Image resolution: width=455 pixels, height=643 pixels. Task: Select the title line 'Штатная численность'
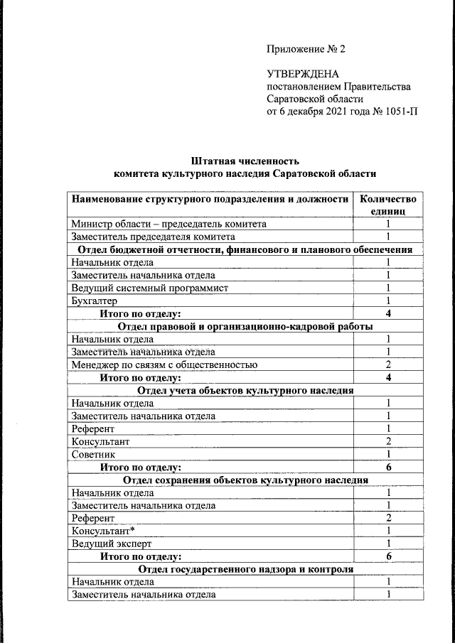(x=245, y=160)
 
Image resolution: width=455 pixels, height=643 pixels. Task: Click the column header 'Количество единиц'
(x=389, y=205)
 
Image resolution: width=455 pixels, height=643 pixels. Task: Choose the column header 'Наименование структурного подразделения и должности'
(x=210, y=199)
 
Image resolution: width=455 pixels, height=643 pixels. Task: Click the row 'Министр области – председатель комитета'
(x=168, y=224)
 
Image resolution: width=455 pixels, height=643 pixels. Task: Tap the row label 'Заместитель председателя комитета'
(x=153, y=237)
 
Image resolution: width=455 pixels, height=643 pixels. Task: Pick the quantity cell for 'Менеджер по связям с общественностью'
(x=389, y=364)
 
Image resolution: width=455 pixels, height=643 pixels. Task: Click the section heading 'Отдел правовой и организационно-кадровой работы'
(x=245, y=326)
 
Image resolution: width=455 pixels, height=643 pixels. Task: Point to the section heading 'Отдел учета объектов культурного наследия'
(x=245, y=390)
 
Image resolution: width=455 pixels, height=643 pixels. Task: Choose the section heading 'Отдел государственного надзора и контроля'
(x=245, y=569)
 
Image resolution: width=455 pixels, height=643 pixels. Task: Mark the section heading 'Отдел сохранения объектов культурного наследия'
(x=245, y=480)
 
